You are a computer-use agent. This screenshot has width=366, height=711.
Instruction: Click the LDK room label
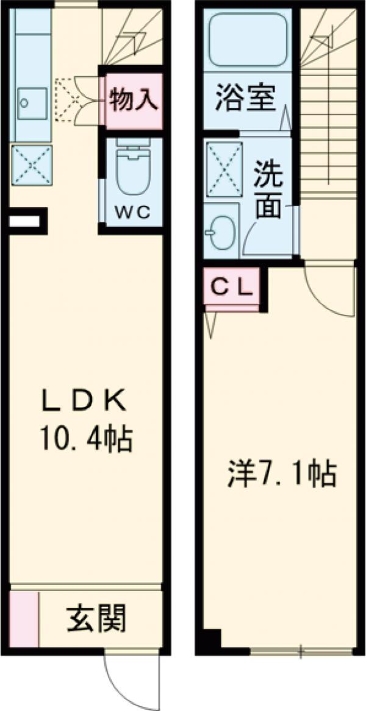(84, 401)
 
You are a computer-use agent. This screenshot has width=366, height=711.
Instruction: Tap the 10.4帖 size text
(86, 437)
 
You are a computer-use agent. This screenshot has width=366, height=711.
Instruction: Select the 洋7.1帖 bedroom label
(281, 474)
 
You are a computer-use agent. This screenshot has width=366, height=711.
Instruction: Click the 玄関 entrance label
(96, 620)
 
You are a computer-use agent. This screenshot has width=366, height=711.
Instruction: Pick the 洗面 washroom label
(268, 189)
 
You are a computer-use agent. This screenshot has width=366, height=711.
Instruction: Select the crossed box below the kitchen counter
(32, 164)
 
